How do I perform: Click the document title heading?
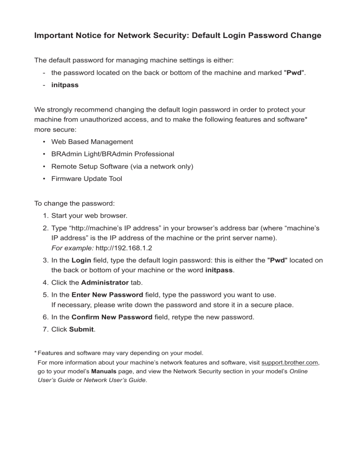pyautogui.click(x=178, y=35)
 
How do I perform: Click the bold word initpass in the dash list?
pyautogui.click(x=65, y=86)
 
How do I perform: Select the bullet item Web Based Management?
pyautogui.click(x=92, y=142)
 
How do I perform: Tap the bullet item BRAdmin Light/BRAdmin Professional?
pyautogui.click(x=112, y=154)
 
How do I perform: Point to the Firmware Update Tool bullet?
pyautogui.click(x=86, y=179)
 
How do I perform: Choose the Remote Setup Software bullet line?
pyautogui.click(x=122, y=166)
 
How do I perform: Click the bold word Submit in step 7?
pyautogui.click(x=82, y=330)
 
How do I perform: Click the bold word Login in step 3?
pyautogui.click(x=81, y=260)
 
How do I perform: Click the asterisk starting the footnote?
pyautogui.click(x=35, y=353)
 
